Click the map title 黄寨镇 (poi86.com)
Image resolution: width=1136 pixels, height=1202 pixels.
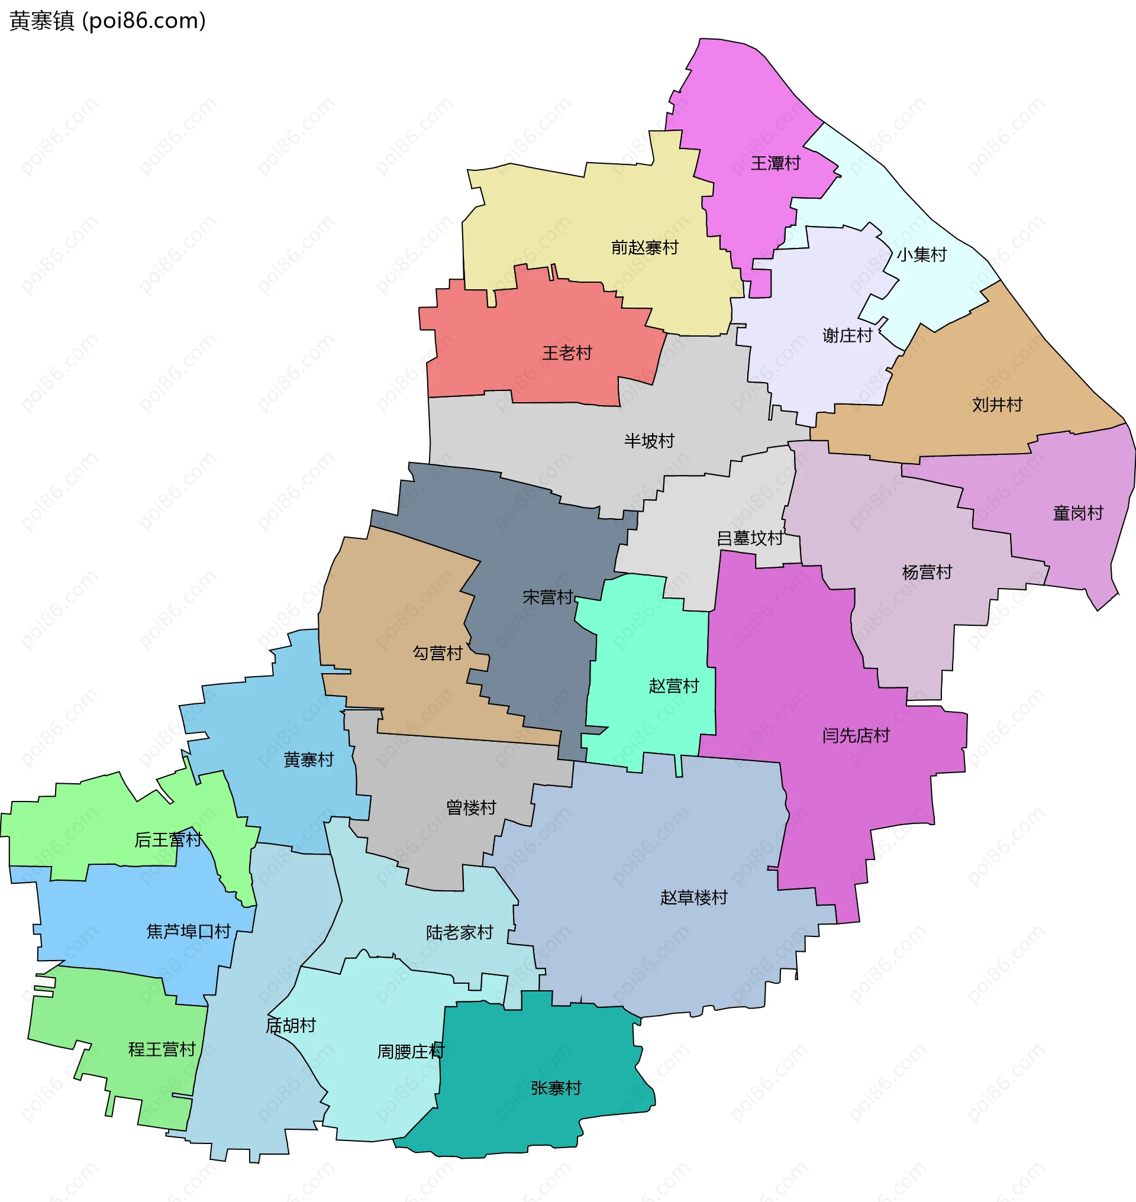click(108, 21)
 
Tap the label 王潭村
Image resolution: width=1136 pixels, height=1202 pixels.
click(775, 163)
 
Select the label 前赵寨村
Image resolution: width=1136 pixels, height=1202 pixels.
click(644, 248)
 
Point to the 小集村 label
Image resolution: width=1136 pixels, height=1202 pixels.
click(921, 255)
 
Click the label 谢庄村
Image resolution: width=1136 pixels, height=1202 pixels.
click(847, 335)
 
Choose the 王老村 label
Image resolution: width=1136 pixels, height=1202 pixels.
click(567, 353)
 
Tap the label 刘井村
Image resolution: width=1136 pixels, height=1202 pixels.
click(997, 405)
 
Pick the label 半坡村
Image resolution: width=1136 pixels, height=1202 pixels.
click(649, 441)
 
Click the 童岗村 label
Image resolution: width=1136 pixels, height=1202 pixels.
click(1078, 513)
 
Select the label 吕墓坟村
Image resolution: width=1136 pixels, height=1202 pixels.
click(749, 538)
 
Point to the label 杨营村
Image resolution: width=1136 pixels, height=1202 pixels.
click(927, 572)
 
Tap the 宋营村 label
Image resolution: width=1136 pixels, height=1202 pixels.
click(547, 597)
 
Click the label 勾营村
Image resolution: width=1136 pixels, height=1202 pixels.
click(437, 654)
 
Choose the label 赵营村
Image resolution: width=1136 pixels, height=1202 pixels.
click(673, 686)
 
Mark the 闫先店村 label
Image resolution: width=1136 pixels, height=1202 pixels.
click(856, 736)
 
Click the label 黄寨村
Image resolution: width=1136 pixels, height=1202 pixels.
click(309, 760)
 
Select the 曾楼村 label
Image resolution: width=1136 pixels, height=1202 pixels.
click(471, 808)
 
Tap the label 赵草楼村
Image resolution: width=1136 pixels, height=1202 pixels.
click(693, 897)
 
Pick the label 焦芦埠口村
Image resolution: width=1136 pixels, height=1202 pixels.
click(188, 931)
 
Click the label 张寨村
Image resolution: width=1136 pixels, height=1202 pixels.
click(556, 1088)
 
